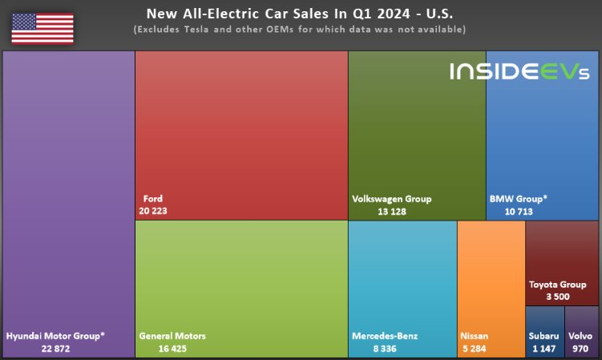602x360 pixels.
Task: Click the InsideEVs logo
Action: (x=519, y=72)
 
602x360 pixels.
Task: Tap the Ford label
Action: (x=152, y=198)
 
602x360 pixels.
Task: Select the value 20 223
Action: (x=152, y=211)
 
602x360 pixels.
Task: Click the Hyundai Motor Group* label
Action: (x=55, y=336)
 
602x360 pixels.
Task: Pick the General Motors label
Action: (x=172, y=336)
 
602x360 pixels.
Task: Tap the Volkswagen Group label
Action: (x=392, y=199)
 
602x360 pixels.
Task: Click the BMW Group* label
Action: (x=518, y=199)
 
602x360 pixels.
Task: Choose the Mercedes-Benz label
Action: (x=385, y=336)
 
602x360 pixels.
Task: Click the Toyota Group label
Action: (x=558, y=284)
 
